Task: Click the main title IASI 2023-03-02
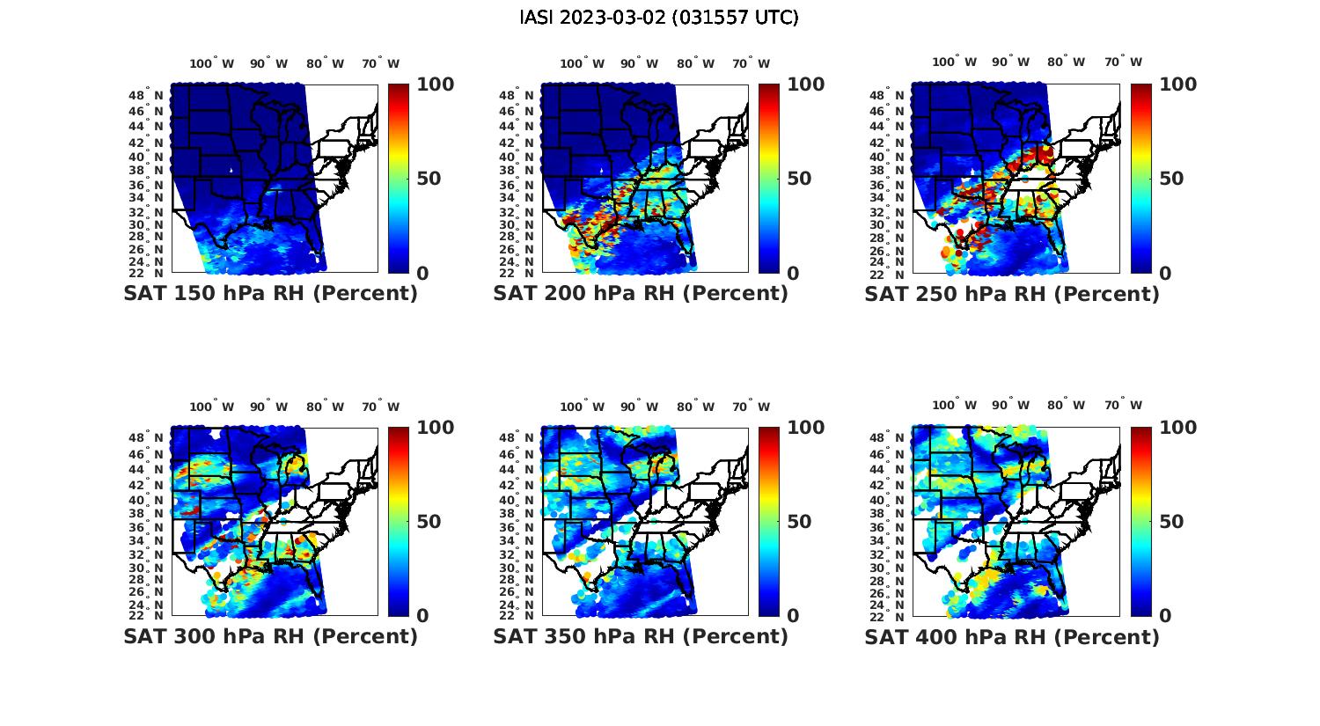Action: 659,18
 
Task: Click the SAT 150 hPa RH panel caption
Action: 270,294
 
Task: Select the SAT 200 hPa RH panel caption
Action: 641,294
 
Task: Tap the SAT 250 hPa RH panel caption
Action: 1012,294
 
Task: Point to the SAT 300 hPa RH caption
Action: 270,636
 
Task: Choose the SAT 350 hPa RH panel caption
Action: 641,636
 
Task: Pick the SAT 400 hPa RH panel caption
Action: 1012,636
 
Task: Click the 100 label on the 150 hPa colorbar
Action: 435,84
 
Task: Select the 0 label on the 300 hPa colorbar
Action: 422,616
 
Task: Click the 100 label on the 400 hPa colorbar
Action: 1178,428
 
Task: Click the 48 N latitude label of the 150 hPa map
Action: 146,95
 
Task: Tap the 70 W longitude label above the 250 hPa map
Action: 1123,62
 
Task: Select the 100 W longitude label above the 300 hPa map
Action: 211,407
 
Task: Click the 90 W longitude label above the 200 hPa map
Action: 638,63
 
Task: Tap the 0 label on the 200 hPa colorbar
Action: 793,274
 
